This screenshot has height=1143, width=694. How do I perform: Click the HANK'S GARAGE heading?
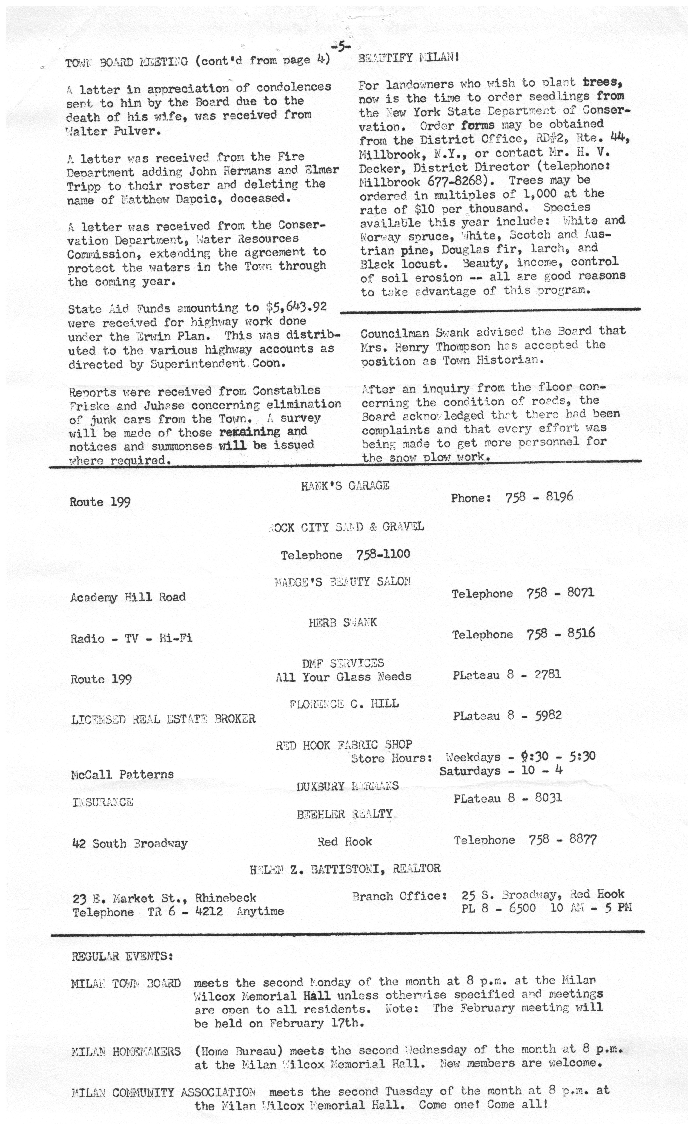(x=345, y=486)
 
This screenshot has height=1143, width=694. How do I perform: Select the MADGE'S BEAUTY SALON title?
(x=342, y=582)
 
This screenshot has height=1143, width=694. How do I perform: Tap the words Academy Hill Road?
(x=128, y=597)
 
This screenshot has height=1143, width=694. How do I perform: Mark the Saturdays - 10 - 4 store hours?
(x=501, y=770)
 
